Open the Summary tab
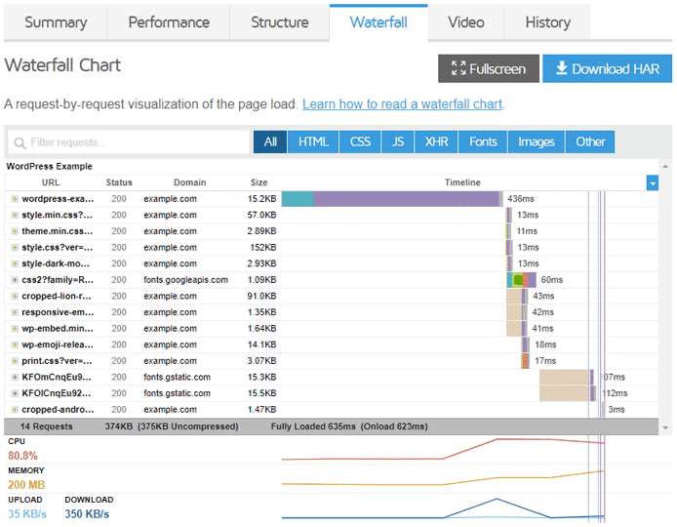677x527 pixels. [55, 22]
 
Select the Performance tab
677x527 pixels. [169, 22]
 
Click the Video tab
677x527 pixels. [465, 22]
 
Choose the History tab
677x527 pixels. [547, 22]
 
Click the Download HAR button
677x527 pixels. [607, 68]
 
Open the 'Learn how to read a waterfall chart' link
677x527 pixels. [402, 103]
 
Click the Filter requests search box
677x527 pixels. [129, 142]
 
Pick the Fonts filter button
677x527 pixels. [483, 142]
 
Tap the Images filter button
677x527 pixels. [536, 142]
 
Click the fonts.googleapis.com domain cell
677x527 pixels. [185, 280]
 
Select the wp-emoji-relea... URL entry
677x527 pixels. [58, 345]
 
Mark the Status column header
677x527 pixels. [119, 182]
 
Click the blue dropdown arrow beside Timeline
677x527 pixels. [652, 182]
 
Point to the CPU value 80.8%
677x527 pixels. [22, 456]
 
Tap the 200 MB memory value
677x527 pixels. [26, 485]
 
